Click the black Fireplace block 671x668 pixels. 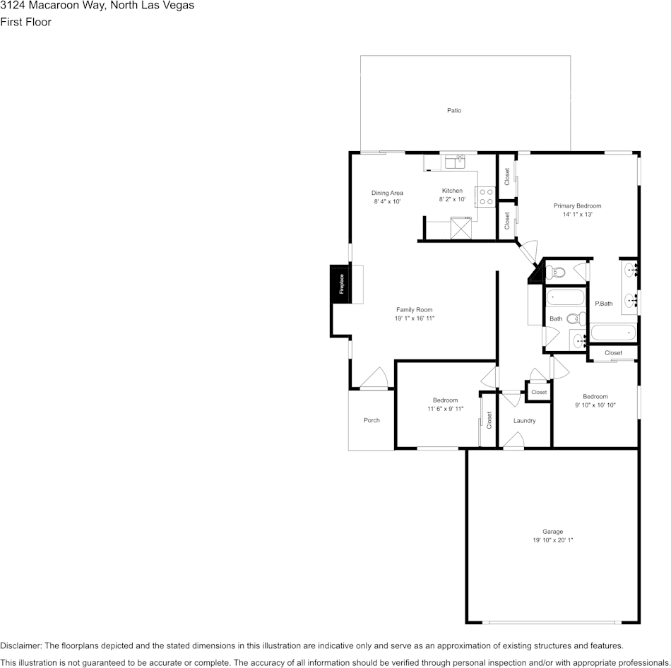[340, 284]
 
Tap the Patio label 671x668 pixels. [454, 110]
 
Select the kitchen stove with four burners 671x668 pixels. [485, 196]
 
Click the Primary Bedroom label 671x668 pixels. [577, 205]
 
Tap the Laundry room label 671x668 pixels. [524, 420]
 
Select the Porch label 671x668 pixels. [372, 420]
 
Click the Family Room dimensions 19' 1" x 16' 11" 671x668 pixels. [415, 318]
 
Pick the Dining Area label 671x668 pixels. [387, 193]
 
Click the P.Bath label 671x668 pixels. [603, 304]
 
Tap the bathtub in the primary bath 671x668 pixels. [613, 333]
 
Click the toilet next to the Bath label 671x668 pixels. [575, 318]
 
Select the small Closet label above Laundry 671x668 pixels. [539, 392]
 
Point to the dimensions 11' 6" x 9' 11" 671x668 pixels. [445, 409]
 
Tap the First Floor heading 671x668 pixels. [26, 22]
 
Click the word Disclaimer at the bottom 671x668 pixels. [20, 645]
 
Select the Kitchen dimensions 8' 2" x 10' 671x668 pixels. [452, 199]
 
